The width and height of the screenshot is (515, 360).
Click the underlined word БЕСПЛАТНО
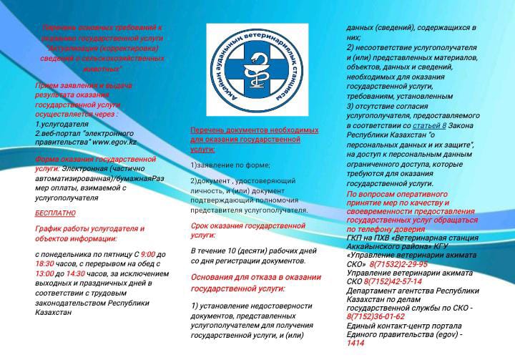(x=55, y=213)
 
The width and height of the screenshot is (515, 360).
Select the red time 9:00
(x=147, y=254)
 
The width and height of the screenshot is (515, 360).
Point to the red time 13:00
(x=44, y=273)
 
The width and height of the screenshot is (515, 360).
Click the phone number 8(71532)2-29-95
(x=398, y=265)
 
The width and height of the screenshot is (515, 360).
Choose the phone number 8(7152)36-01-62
(x=376, y=316)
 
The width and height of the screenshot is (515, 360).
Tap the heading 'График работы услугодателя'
(x=89, y=228)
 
